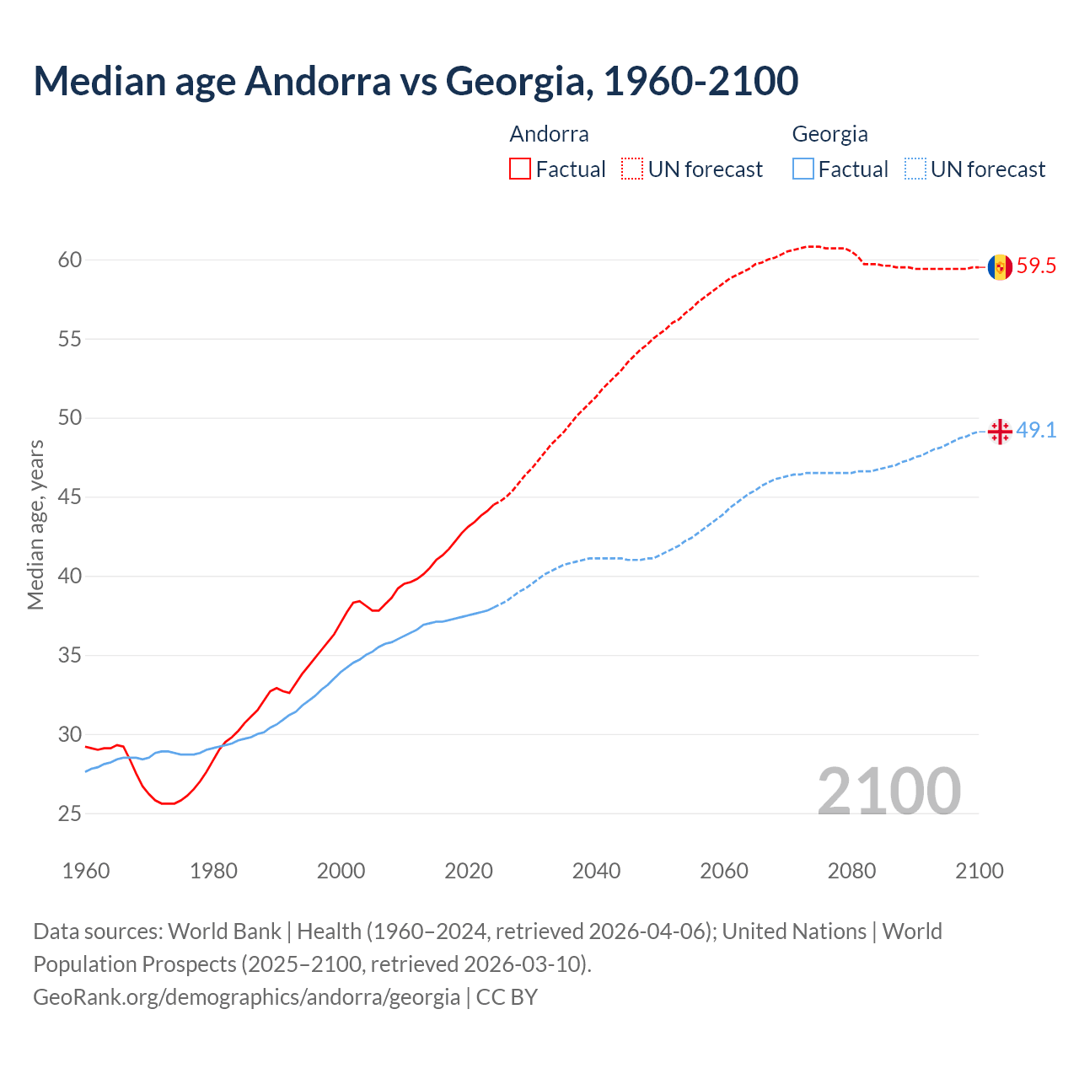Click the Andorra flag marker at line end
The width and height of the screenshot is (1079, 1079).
[x=1000, y=267]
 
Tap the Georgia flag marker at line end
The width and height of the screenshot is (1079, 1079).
[x=1000, y=432]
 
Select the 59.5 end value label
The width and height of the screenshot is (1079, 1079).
[x=1036, y=266]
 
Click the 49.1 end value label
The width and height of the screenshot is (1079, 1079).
[x=1036, y=431]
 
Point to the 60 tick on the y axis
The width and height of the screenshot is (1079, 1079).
[x=70, y=260]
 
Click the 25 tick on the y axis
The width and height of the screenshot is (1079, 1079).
[x=70, y=814]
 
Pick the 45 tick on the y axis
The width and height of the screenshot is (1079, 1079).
[x=70, y=497]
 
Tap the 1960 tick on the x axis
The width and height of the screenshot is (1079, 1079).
[x=86, y=871]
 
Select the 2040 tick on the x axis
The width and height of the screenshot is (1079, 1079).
[x=596, y=871]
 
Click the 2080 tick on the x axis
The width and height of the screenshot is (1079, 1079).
[x=851, y=871]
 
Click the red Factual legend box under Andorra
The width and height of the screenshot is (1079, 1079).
[x=520, y=169]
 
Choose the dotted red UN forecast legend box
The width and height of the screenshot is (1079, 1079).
[x=632, y=169]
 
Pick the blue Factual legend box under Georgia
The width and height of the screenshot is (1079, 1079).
[x=803, y=169]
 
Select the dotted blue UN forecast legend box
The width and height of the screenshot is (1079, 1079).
[x=915, y=169]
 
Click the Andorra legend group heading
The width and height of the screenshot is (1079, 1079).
[x=549, y=134]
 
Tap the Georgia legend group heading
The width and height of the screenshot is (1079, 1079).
[x=829, y=134]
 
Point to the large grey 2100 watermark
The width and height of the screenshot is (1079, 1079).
[x=888, y=791]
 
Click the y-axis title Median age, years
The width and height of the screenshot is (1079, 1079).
[x=35, y=524]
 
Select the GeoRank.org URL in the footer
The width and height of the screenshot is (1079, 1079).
[x=246, y=997]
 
